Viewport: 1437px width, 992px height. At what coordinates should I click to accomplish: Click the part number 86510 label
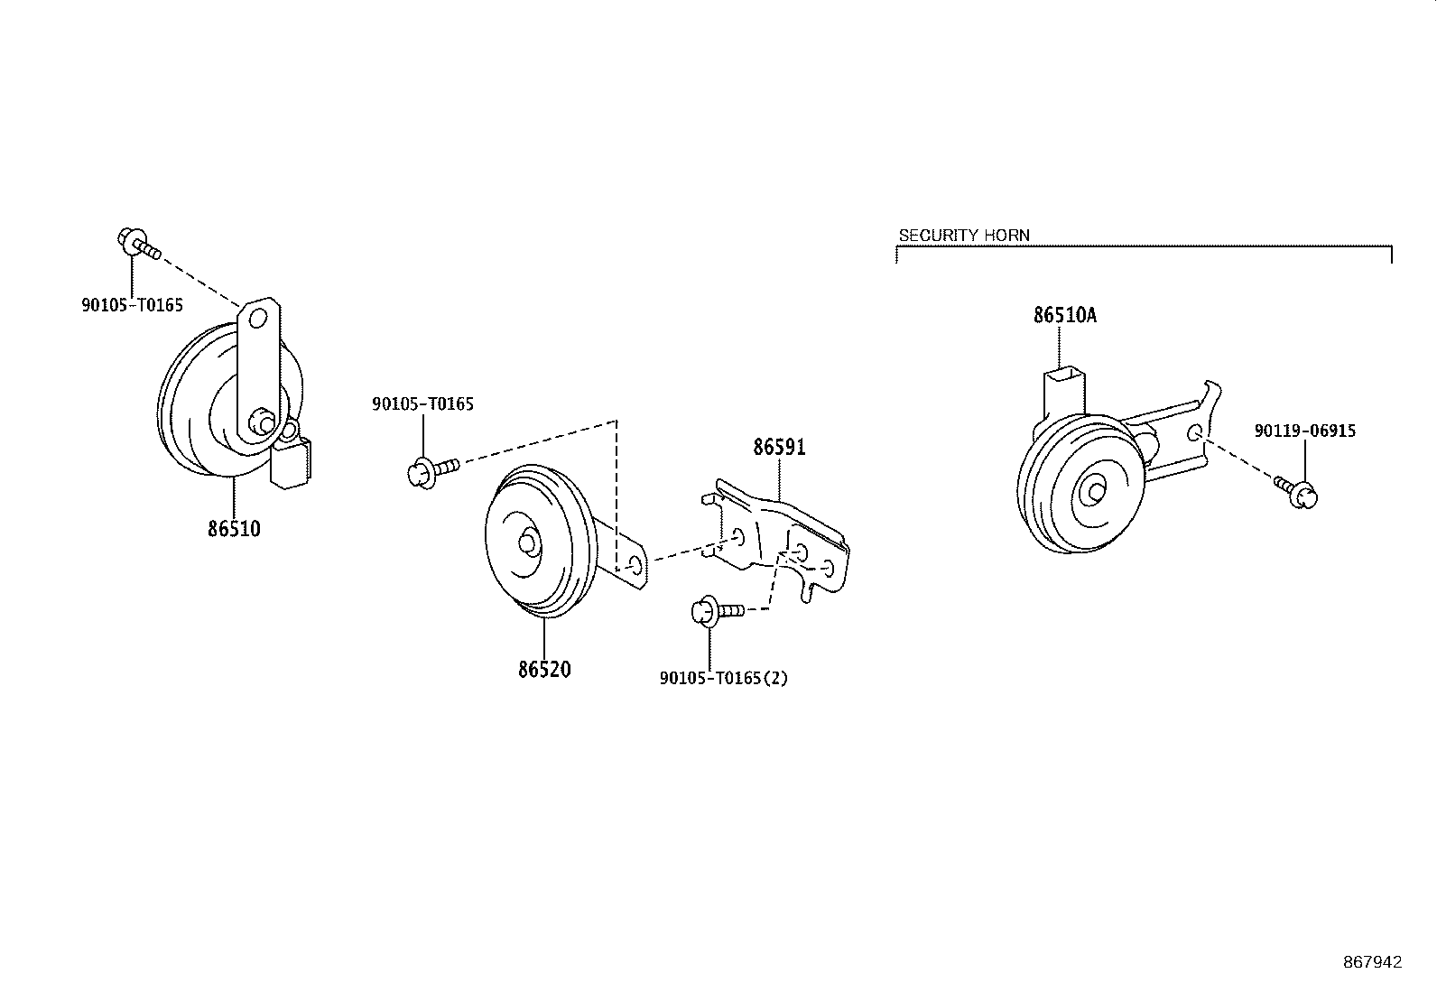pos(234,529)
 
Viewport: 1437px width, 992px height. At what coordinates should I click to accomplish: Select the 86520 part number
pos(544,670)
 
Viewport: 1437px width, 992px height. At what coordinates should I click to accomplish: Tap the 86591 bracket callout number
pos(780,447)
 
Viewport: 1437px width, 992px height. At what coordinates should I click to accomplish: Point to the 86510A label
pos(1065,316)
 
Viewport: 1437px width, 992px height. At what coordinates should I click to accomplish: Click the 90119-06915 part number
pos(1304,431)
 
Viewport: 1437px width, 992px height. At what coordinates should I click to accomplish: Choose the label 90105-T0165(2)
pos(723,678)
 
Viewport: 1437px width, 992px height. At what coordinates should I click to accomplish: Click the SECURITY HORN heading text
pos(964,236)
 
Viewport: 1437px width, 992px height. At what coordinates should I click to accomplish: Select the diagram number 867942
pos(1373,962)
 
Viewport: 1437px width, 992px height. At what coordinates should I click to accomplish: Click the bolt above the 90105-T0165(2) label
pos(715,611)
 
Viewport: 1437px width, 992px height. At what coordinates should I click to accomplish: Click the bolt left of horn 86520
pos(432,469)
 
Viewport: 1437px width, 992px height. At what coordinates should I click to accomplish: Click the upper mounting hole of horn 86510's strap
pos(258,319)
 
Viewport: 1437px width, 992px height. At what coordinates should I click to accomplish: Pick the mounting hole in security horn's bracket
pos(1194,431)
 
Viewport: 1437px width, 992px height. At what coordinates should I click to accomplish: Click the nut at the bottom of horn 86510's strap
pos(262,422)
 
